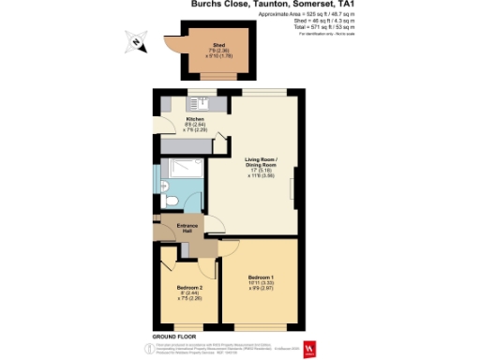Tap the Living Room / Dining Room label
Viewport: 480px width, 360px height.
coord(262,161)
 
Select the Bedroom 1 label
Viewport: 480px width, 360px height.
coord(262,277)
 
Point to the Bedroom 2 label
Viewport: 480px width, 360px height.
coord(189,287)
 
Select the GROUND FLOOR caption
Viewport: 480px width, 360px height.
coord(172,335)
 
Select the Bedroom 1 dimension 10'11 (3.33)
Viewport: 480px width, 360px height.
coord(262,283)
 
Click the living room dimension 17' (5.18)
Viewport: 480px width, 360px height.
coord(262,170)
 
